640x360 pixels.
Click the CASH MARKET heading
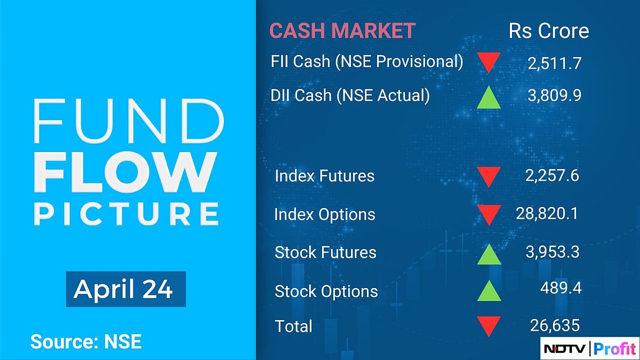tap(342, 31)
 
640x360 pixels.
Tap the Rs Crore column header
tap(549, 31)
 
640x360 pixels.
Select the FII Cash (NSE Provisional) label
tap(367, 61)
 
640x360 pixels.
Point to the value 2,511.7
tap(554, 64)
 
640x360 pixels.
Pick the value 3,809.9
tap(554, 96)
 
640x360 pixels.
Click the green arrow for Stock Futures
tap(489, 253)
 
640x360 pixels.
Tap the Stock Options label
tap(326, 291)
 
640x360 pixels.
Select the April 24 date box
tap(125, 289)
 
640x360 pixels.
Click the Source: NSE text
tap(86, 341)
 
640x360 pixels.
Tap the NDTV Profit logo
tap(589, 349)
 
